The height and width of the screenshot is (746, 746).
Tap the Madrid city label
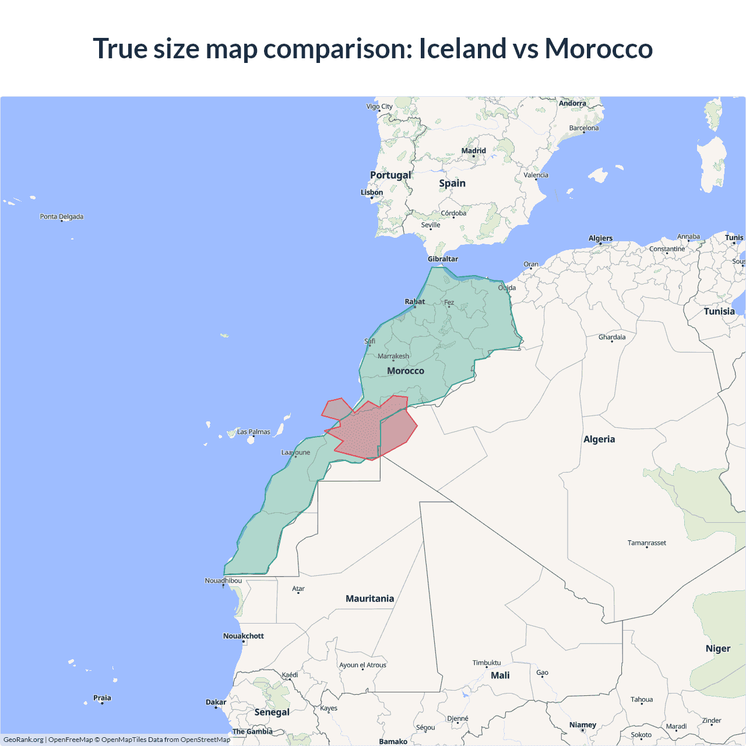pos(473,151)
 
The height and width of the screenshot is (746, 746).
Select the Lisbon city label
pos(372,192)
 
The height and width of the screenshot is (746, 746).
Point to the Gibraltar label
pos(443,259)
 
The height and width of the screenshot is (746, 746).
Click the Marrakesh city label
pos(393,356)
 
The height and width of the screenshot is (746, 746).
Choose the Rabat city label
pos(415,301)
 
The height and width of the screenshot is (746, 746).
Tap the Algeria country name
pos(599,439)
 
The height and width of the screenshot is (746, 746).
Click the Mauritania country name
pos(370,599)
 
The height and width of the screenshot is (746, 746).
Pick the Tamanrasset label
pos(646,543)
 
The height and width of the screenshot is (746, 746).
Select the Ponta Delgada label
pos(62,217)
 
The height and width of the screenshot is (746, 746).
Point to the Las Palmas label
pos(254,432)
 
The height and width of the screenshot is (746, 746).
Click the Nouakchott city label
pos(244,636)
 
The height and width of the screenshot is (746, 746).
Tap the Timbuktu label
pos(487,663)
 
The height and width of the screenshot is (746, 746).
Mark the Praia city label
pos(102,698)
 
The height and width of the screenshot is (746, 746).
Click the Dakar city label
pos(216,702)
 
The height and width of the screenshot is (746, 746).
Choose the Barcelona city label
pos(584,128)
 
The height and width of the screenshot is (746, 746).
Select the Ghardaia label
pos(612,337)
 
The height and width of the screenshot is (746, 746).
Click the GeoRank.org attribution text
pos(23,740)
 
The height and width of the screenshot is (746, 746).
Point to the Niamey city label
pos(583,725)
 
